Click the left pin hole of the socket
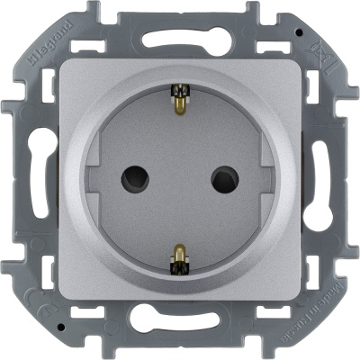(x=142, y=177)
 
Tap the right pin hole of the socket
(x=217, y=177)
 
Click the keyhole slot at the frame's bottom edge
(x=180, y=330)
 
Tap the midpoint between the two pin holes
(x=180, y=177)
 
